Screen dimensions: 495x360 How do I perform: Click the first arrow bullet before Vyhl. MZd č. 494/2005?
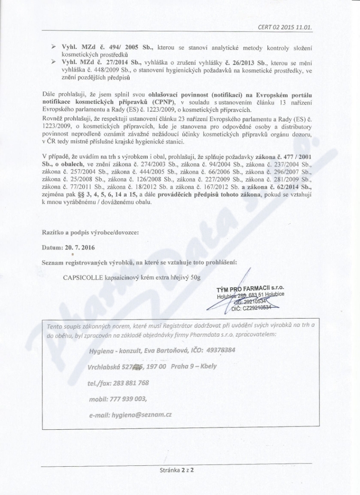[53, 47]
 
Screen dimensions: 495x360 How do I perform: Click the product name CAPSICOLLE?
[83, 277]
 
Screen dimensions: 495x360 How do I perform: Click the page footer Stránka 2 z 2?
[180, 468]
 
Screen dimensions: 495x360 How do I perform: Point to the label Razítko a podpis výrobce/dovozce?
[90, 232]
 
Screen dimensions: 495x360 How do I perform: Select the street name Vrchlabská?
[105, 366]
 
